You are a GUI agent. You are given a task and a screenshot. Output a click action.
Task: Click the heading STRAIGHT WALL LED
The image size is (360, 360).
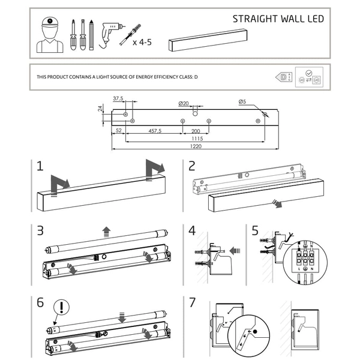(x=278, y=19)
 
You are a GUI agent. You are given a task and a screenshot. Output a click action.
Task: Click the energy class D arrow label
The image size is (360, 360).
(x=281, y=77)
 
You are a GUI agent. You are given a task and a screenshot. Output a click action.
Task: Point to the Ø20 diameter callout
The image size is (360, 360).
(x=184, y=103)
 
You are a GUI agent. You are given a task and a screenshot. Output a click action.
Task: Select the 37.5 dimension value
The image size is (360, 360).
(x=118, y=98)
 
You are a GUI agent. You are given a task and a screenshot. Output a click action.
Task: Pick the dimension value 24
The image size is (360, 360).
(x=100, y=109)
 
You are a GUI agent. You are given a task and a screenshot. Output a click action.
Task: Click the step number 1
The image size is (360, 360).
(x=40, y=166)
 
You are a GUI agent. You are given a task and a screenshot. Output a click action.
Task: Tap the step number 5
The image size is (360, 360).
(x=255, y=230)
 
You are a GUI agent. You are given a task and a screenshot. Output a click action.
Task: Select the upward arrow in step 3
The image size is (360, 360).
(x=106, y=230)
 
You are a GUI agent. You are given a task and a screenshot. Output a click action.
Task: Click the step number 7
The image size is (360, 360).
(x=192, y=302)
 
